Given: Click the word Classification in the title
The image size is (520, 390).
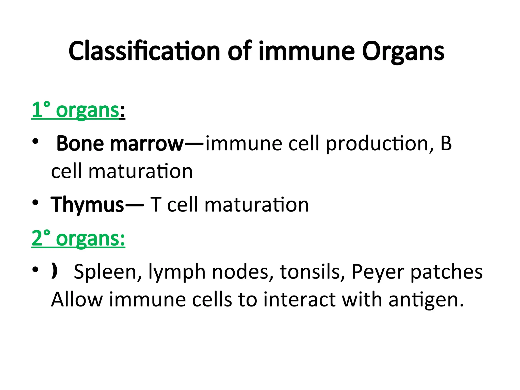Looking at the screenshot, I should [144, 51].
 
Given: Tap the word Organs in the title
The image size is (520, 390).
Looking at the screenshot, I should [403, 52].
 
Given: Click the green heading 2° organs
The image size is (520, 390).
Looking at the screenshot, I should [78, 239].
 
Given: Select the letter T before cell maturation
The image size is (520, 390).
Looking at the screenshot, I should [156, 205].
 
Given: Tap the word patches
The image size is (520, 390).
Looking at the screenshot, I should [446, 272].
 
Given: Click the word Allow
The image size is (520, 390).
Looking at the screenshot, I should [77, 300].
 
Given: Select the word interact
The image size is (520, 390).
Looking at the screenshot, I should [299, 300].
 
